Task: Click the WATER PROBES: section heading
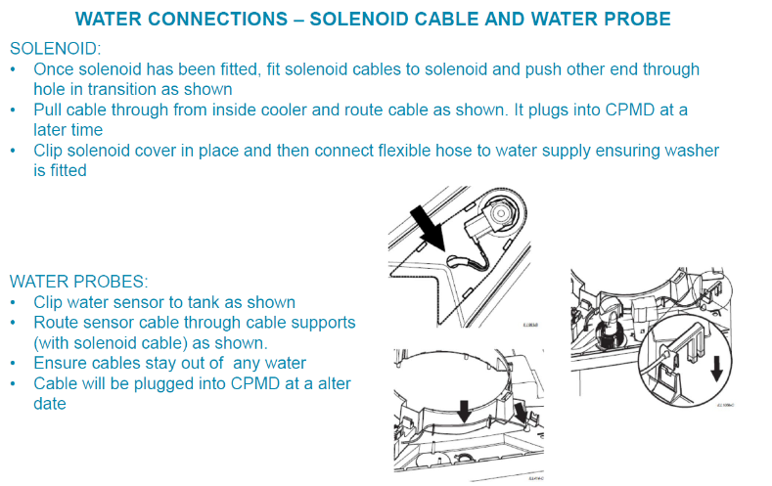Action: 79,281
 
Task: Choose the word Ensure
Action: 61,363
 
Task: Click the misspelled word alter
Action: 330,383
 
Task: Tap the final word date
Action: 50,403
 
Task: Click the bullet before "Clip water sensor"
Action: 13,303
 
